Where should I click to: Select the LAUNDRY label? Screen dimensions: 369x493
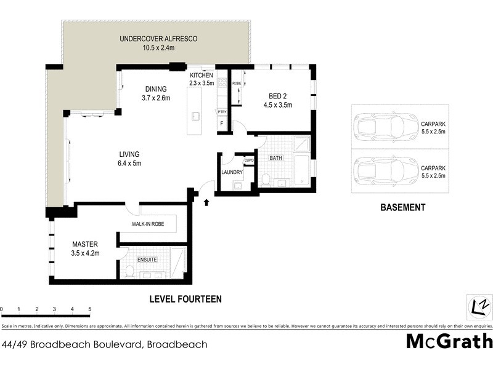(233, 172)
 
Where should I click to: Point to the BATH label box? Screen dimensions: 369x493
(275, 158)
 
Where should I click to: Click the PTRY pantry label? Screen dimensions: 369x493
(222, 111)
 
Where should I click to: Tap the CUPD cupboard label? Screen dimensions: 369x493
(249, 161)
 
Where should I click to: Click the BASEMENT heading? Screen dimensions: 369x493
(402, 208)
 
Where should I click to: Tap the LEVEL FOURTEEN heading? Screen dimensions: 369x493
(185, 299)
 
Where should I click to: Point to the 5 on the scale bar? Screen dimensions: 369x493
(90, 309)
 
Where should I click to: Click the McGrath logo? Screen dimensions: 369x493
(449, 341)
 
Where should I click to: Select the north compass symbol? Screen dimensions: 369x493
(479, 304)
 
